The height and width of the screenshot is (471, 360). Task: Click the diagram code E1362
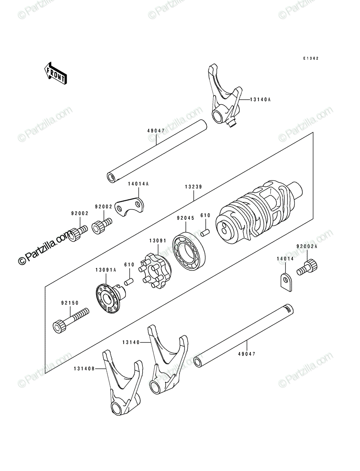coord(311,58)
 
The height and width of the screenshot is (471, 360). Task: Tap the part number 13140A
coord(260,100)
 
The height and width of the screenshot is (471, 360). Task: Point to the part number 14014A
coord(138,184)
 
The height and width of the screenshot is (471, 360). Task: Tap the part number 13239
coord(194,187)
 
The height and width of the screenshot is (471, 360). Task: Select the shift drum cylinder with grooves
coord(259,212)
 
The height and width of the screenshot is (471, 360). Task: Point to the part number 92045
coord(186,218)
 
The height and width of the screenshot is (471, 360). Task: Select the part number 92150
coord(70,303)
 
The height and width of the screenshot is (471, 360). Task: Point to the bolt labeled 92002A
coord(307,267)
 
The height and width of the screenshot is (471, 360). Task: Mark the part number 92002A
coord(307,246)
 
